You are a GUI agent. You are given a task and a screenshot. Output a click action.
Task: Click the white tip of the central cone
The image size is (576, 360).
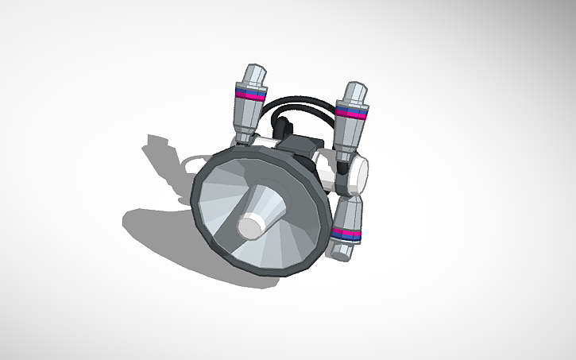(252, 227)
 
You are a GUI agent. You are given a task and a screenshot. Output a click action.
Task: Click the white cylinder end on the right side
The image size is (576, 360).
(358, 172)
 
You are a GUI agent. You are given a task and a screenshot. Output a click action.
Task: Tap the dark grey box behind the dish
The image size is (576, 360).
(303, 145)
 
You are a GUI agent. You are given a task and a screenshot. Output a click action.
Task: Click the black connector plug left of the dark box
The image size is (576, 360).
(282, 128)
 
